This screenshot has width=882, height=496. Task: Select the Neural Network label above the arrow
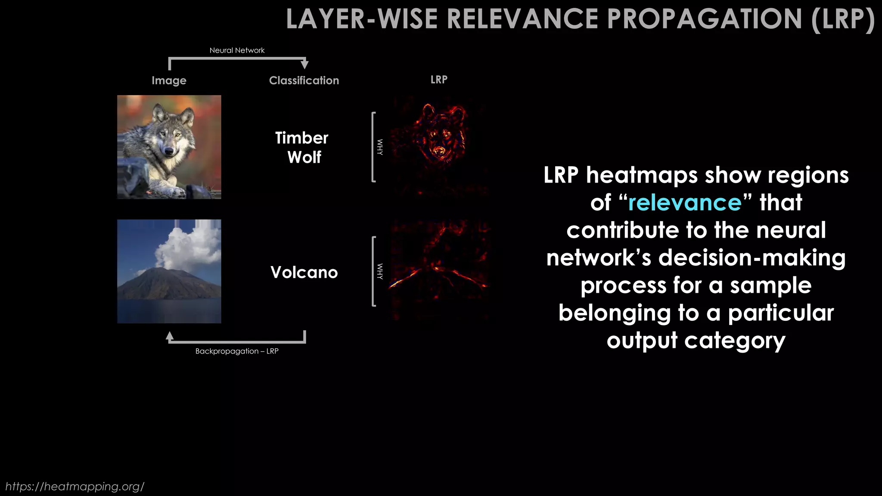pos(237,50)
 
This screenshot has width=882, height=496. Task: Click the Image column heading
pos(169,81)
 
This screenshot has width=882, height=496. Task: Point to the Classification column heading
pos(304,81)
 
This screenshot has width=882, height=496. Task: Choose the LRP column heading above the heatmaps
pos(439,80)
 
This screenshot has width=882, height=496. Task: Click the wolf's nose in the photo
pos(169,151)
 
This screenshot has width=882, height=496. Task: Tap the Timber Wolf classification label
pos(302,147)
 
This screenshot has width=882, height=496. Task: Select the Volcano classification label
pos(304,272)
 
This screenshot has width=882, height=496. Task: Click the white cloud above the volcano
pos(189,245)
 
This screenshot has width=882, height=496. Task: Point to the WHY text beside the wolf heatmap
pos(380,147)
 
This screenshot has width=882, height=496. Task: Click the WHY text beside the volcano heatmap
pos(380,271)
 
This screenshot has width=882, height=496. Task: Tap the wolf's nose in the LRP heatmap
pos(439,151)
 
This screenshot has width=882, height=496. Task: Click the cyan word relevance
pos(685,202)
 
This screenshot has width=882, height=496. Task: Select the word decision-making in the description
pos(752,257)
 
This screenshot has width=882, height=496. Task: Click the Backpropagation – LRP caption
pos(237,351)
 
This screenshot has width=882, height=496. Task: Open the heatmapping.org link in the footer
pos(75,486)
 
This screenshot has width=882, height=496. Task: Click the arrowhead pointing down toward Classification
pos(304,65)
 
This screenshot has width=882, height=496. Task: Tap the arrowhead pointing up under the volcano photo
pos(170,336)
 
